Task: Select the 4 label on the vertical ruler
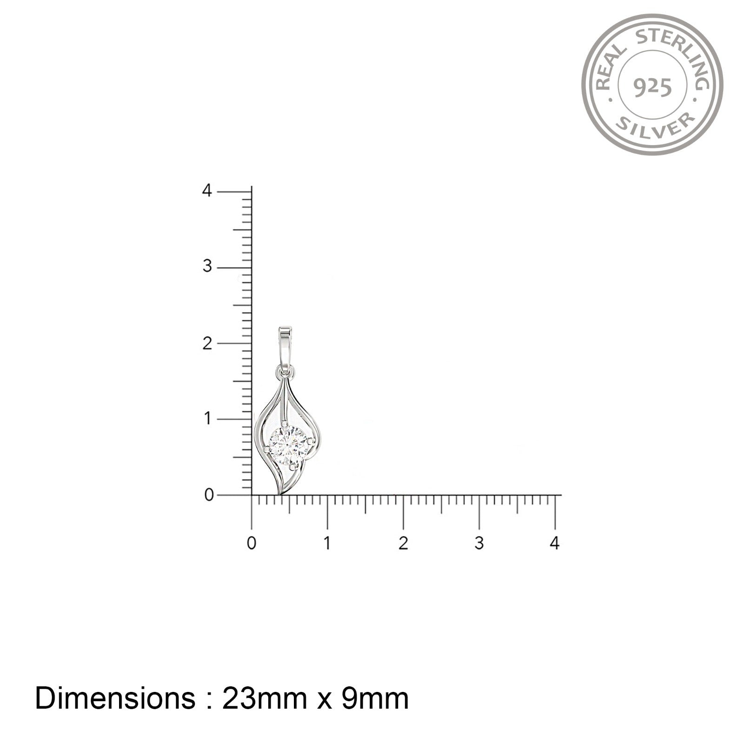(207, 191)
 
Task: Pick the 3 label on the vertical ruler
(207, 267)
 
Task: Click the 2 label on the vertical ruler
(207, 343)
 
